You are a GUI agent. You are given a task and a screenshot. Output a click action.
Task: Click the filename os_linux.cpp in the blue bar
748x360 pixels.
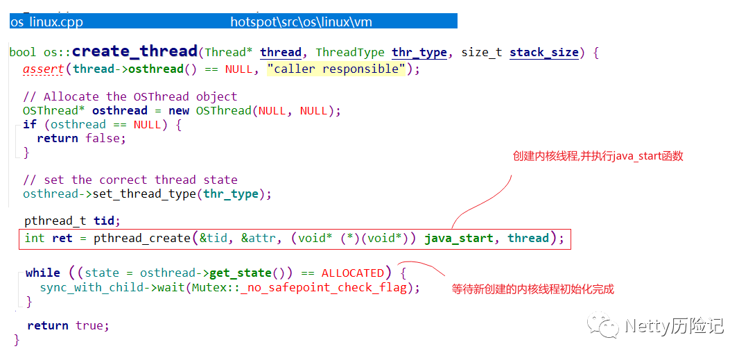(x=46, y=22)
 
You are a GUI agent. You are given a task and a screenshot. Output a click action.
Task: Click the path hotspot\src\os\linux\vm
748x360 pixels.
(x=301, y=22)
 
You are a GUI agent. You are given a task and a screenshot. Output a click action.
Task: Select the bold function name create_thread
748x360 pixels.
(x=135, y=51)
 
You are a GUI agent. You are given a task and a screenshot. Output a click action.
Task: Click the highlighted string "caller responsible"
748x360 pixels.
(x=336, y=69)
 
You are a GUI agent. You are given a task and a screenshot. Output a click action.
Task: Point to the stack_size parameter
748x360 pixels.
(x=544, y=53)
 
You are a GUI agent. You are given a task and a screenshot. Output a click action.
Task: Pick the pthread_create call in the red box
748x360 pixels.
(x=141, y=239)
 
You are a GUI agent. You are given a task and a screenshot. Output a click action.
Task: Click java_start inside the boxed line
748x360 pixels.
(x=459, y=239)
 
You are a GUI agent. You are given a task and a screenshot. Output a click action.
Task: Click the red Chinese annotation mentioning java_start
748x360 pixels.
(x=598, y=156)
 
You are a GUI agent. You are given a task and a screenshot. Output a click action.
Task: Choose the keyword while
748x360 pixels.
(x=43, y=273)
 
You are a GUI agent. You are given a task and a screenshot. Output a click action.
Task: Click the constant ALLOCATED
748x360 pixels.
(x=352, y=273)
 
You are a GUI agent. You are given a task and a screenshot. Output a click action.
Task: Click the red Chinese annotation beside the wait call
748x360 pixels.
(x=532, y=289)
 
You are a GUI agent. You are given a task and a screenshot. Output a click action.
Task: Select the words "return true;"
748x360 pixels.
(x=68, y=325)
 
